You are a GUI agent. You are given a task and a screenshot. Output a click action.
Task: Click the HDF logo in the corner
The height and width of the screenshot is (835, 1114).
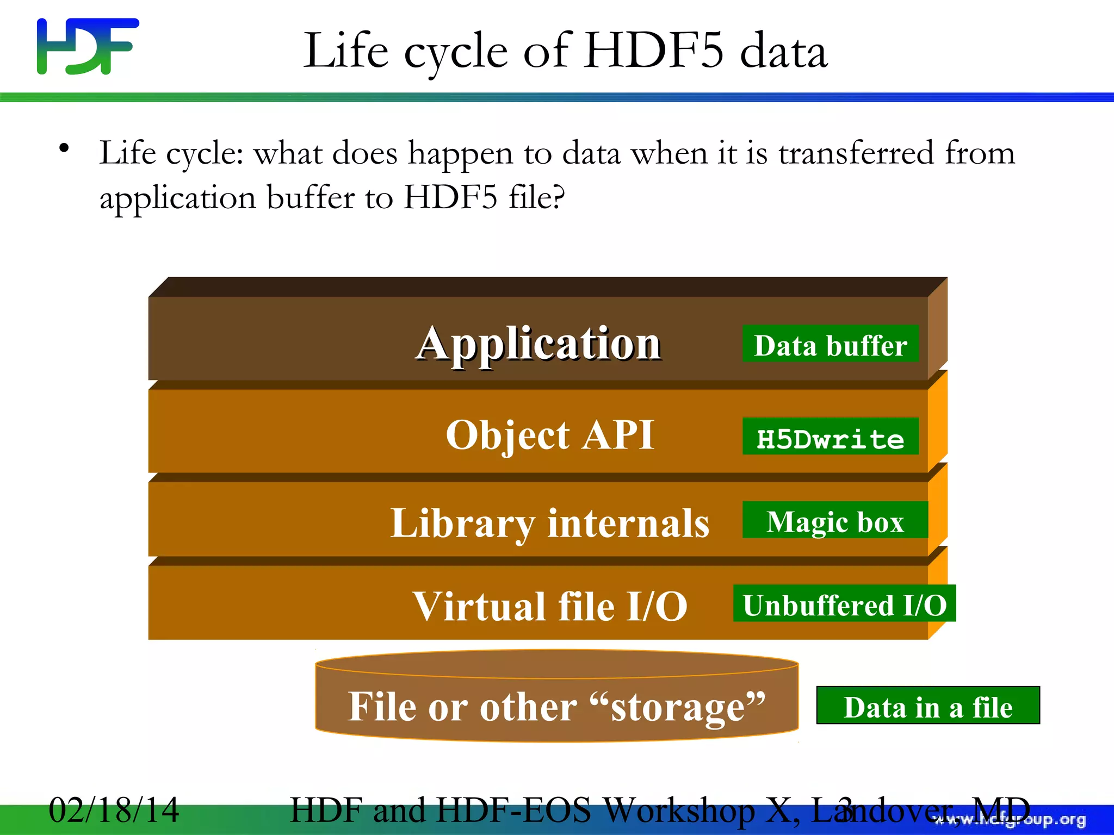[87, 46]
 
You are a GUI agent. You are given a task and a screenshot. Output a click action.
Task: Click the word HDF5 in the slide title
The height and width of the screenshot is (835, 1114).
[653, 51]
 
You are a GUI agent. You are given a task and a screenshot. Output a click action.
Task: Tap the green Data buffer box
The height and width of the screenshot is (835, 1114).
[831, 345]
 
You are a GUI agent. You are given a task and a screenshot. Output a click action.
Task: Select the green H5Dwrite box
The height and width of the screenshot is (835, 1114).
[831, 437]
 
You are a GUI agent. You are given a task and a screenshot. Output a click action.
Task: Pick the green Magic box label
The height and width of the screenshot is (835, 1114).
[835, 521]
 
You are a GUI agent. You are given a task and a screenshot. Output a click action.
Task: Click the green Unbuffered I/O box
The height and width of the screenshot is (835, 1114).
[844, 604]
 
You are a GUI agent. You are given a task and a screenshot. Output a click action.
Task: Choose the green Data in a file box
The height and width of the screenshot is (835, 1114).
[928, 706]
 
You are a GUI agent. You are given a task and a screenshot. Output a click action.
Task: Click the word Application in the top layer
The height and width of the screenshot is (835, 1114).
[539, 344]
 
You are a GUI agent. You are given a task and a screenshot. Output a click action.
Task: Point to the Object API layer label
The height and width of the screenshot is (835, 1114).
[550, 435]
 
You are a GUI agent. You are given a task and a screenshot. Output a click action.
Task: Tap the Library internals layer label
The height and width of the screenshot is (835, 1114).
[549, 523]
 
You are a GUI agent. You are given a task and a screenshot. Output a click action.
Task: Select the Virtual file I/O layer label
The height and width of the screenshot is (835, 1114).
[550, 606]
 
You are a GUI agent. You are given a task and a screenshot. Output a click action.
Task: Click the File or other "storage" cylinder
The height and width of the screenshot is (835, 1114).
[556, 706]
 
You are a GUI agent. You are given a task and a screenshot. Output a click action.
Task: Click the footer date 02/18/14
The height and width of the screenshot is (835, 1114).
[114, 810]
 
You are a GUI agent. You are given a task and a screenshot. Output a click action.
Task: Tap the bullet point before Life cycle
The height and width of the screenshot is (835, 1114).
[64, 148]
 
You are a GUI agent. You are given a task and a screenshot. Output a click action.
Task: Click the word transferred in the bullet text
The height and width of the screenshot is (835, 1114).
[856, 153]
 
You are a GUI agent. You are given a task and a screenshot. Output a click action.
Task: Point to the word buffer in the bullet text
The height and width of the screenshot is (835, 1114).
[311, 197]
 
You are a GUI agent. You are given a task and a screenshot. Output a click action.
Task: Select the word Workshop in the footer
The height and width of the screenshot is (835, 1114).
[679, 810]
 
